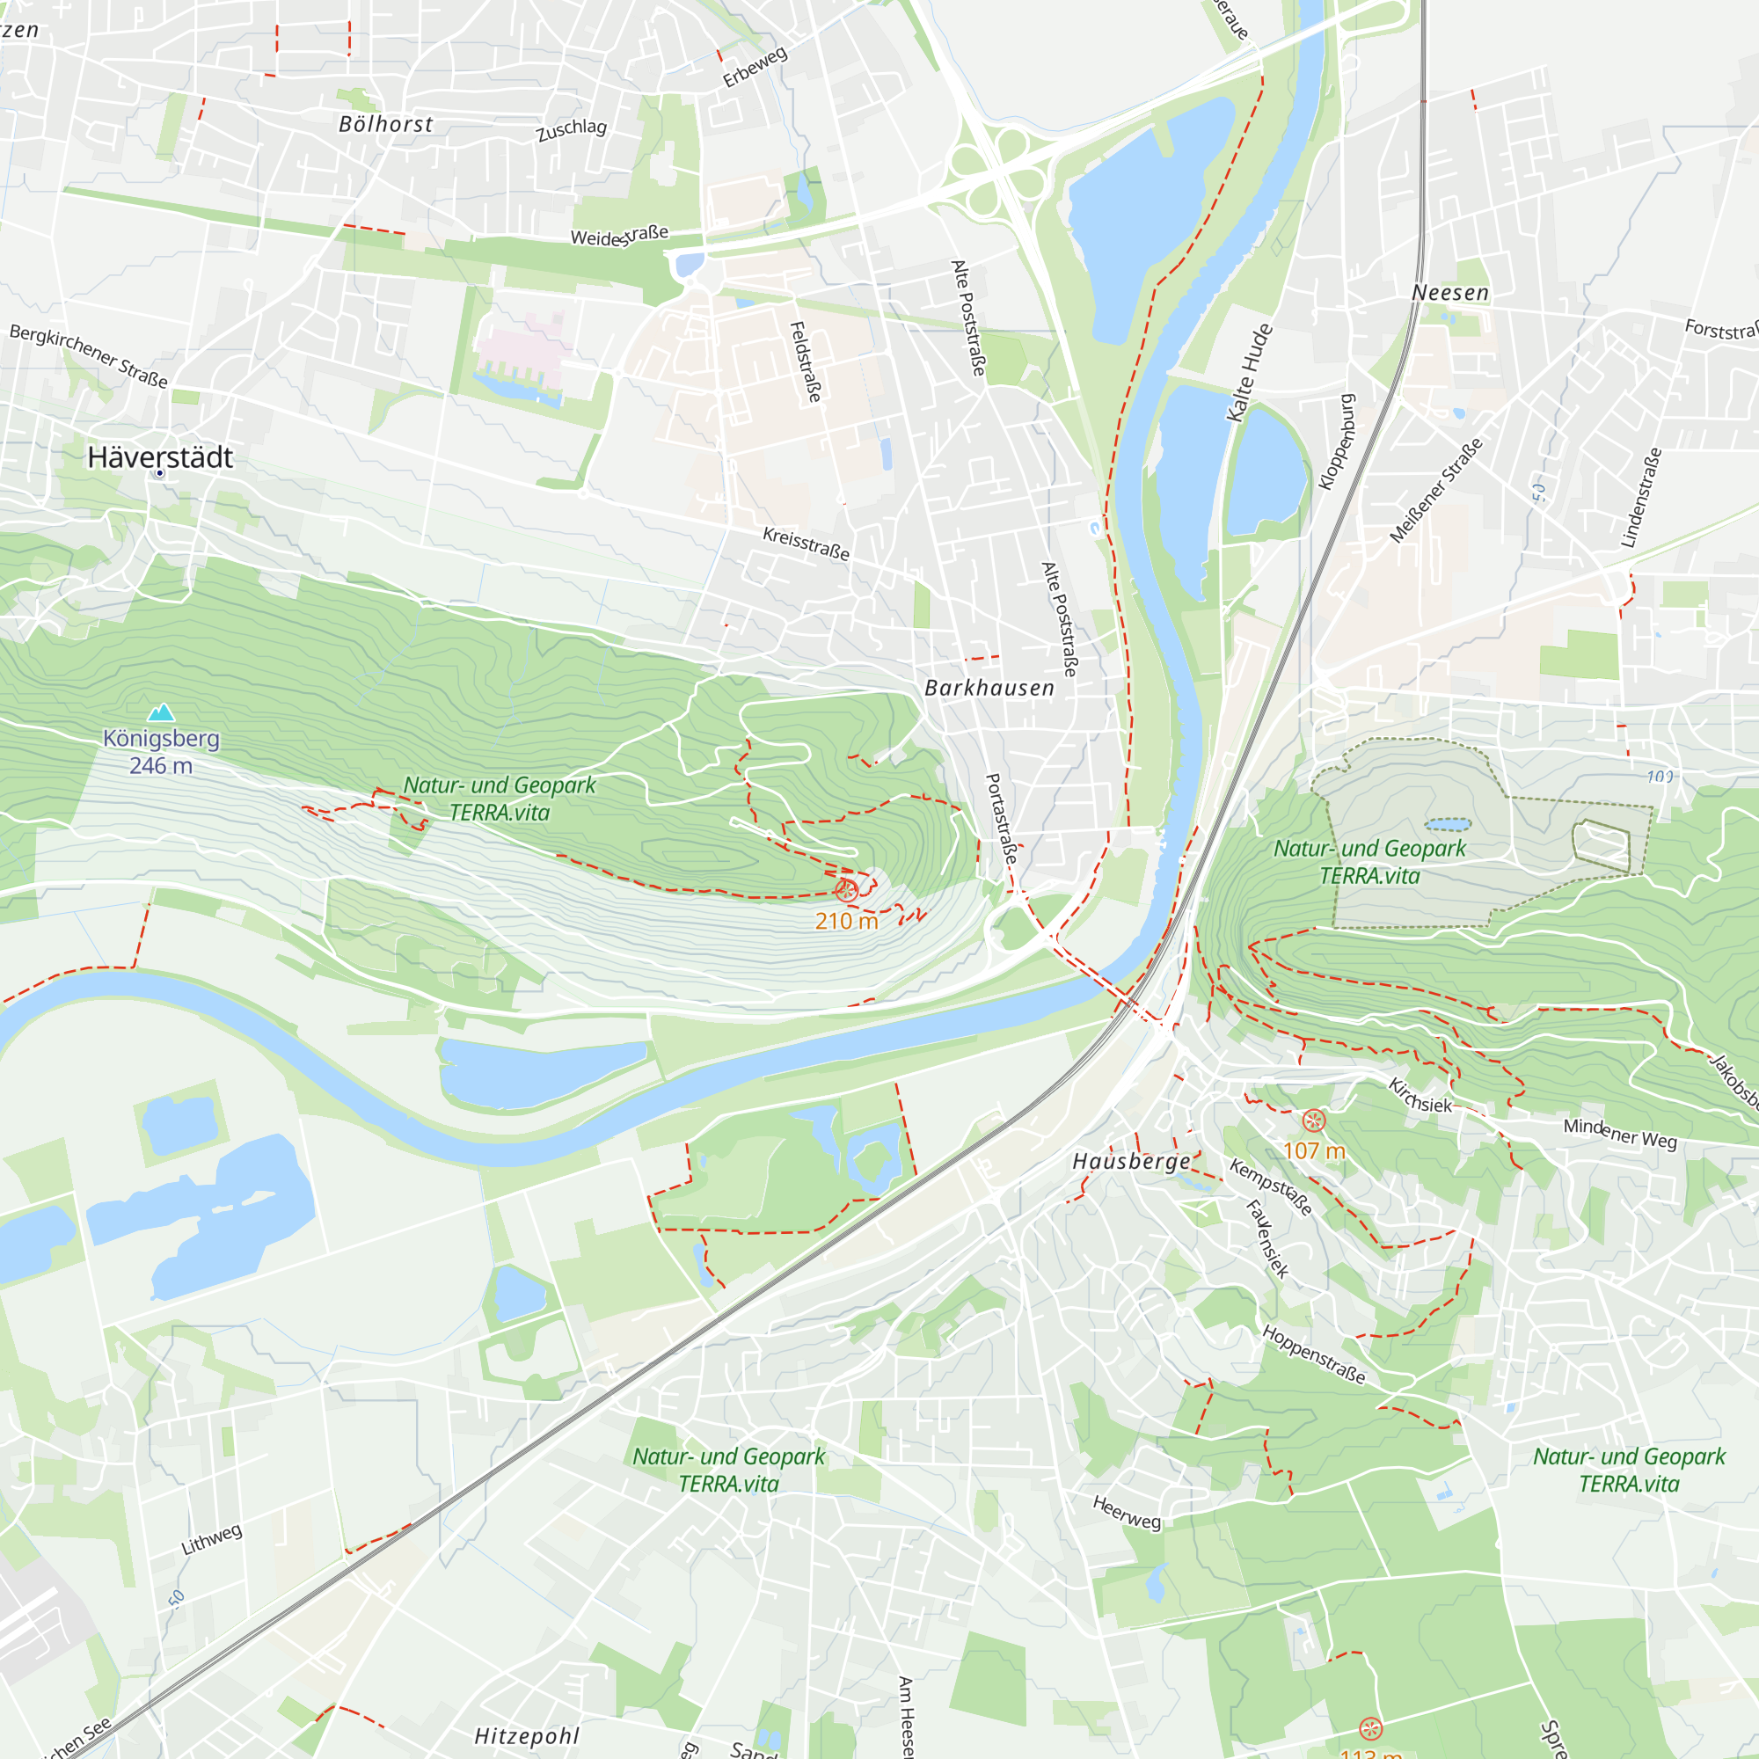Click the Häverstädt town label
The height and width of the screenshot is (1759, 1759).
160,457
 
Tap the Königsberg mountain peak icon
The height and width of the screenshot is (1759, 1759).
161,712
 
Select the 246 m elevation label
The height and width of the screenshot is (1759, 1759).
161,766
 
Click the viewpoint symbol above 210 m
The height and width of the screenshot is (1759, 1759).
846,890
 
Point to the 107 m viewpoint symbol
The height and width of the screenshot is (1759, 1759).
1314,1120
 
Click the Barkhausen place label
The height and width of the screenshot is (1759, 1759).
989,689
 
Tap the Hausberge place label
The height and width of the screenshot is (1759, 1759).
1132,1161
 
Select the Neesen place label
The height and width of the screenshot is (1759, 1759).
1450,293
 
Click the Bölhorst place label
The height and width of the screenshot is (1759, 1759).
386,125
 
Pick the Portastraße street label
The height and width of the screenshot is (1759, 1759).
1002,820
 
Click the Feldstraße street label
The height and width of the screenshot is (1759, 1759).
806,361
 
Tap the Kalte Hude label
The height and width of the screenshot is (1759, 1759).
1250,373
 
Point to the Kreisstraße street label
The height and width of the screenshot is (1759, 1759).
807,544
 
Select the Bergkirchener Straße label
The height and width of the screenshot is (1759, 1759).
88,356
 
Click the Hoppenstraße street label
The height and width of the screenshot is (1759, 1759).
1314,1354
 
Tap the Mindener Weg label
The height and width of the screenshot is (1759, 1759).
1620,1134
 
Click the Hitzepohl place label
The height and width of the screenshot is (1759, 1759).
526,1736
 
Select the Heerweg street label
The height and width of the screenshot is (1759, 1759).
1128,1512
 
